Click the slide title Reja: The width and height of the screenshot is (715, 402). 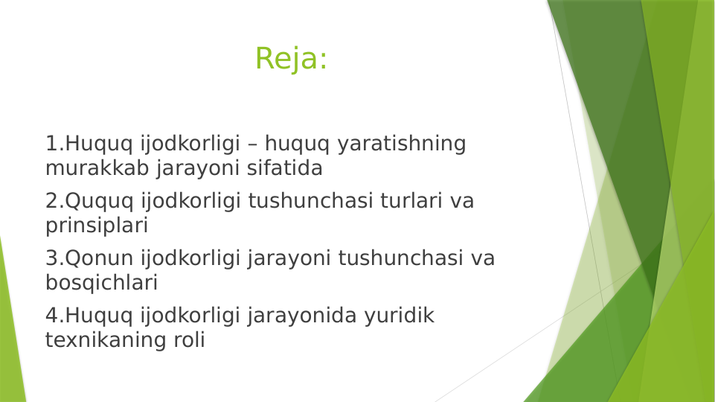(x=291, y=59)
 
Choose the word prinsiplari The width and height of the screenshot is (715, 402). (x=97, y=225)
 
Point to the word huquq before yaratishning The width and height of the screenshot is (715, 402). (x=298, y=144)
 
